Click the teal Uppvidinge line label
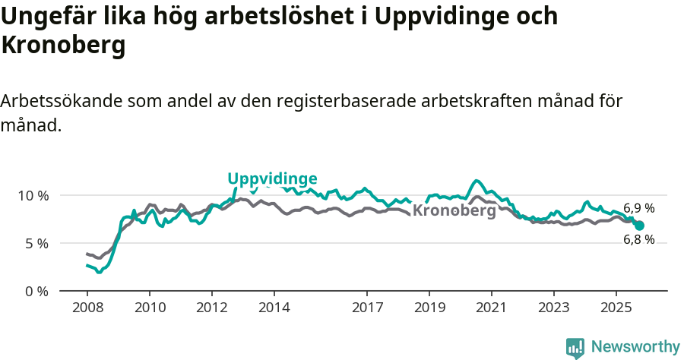(x=272, y=178)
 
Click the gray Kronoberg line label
(x=454, y=211)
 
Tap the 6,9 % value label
(x=638, y=207)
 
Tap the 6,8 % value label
(x=638, y=239)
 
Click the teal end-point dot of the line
(x=639, y=226)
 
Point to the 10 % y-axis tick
(x=33, y=195)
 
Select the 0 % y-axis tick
(x=36, y=291)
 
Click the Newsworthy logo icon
(x=575, y=348)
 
